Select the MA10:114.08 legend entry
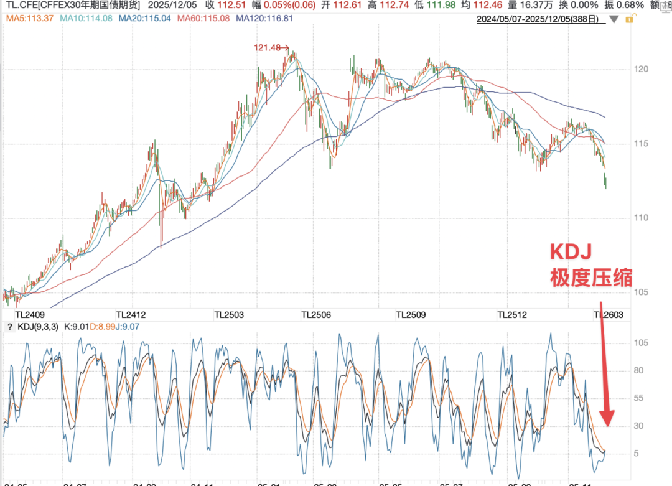86,19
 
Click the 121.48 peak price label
268,47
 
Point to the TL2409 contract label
30,315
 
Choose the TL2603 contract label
609,315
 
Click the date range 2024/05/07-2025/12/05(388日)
538,19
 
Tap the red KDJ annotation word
569,252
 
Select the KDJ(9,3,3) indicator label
38,327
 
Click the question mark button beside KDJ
9,327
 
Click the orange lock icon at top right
630,19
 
